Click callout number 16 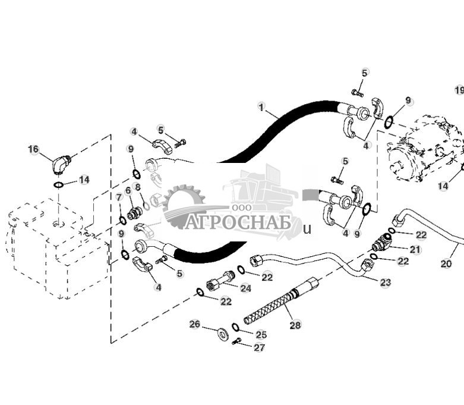pyautogui.click(x=33, y=149)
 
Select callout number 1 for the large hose pyautogui.click(x=261, y=107)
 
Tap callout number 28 pyautogui.click(x=295, y=325)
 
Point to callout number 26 pyautogui.click(x=195, y=324)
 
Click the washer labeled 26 pyautogui.click(x=222, y=333)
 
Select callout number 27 pyautogui.click(x=259, y=347)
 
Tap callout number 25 pyautogui.click(x=261, y=335)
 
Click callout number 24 pyautogui.click(x=245, y=288)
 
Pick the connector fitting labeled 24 pyautogui.click(x=220, y=280)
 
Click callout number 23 pyautogui.click(x=386, y=282)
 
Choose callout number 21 pyautogui.click(x=415, y=249)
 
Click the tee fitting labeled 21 pyautogui.click(x=381, y=243)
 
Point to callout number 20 pyautogui.click(x=446, y=263)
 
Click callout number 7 pyautogui.click(x=119, y=197)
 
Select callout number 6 pyautogui.click(x=128, y=190)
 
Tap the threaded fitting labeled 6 pyautogui.click(x=135, y=213)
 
